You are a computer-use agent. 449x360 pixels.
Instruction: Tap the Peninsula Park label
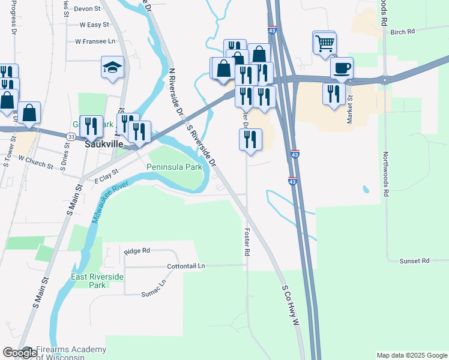175,167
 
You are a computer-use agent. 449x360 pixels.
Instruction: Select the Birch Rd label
402,32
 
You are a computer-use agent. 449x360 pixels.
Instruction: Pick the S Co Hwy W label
290,305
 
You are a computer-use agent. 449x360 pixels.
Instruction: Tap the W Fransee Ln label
95,41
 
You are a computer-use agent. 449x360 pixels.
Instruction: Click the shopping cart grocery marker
325,43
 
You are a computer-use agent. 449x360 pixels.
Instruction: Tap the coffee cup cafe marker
342,68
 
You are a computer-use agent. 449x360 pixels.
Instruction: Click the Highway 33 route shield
71,137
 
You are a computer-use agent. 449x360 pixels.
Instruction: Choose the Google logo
19,353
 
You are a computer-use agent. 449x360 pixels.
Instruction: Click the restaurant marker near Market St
334,94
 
